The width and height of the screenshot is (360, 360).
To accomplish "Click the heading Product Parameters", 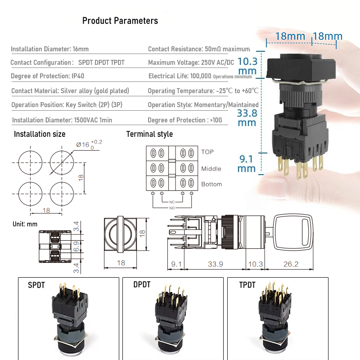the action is tap(120, 21).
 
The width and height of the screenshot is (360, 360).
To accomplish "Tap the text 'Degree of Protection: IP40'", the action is tap(48, 76).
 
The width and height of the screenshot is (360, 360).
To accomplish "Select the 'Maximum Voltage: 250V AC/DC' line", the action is tap(191, 63).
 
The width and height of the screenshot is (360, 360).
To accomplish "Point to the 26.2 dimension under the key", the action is tap(291, 264).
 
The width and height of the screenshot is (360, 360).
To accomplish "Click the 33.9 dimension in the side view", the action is tap(216, 264).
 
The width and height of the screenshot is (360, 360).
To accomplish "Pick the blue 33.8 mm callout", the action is tap(247, 118).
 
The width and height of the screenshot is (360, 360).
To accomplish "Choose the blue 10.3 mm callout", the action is tap(247, 66).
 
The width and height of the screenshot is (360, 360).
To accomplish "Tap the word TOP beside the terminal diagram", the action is tap(207, 152).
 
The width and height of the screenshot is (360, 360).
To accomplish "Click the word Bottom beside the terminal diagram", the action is tap(211, 184).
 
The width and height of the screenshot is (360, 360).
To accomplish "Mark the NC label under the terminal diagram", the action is tap(172, 202).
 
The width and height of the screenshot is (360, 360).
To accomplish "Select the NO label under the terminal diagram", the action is tap(172, 208).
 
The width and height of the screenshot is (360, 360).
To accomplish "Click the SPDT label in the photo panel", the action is tap(36, 285).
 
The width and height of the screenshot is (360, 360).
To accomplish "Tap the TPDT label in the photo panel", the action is tap(247, 285).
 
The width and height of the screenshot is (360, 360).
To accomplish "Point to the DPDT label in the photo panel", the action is tap(142, 284).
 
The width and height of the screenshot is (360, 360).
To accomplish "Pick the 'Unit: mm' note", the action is tap(25, 224).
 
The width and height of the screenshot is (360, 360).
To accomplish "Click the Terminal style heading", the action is tap(149, 134).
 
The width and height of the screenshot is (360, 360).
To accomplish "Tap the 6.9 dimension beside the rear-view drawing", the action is tap(76, 246).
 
